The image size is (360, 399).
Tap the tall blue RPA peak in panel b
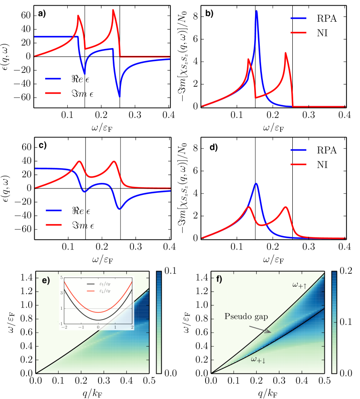(256, 12)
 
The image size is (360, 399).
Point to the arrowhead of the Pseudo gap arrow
(271, 333)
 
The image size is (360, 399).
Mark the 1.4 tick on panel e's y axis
(27, 277)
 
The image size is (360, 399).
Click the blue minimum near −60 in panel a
(119, 96)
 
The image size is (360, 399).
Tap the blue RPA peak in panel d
(256, 184)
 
